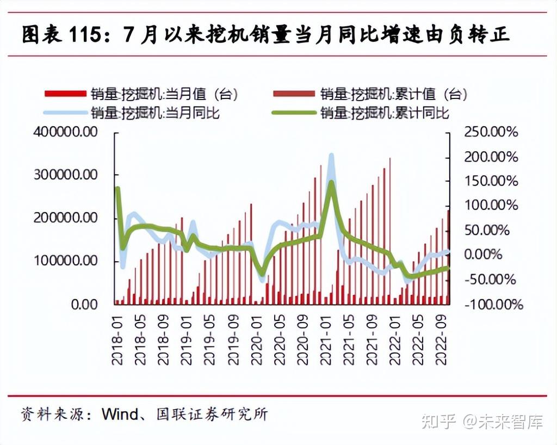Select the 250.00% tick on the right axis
click(491, 132)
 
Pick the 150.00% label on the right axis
click(491, 181)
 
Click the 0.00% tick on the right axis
click(495, 255)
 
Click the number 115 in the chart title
click(88, 35)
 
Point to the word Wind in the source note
click(119, 414)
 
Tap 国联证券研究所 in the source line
click(212, 414)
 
